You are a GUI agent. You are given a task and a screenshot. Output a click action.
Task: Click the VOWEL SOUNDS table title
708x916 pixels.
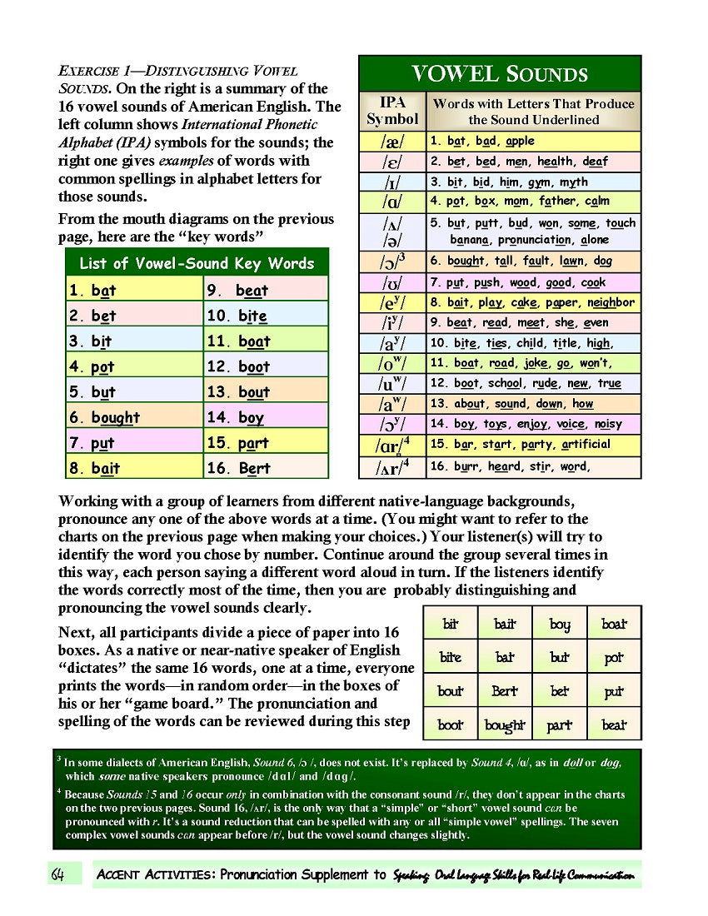(500, 74)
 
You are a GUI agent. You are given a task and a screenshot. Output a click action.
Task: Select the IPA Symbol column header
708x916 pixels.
(392, 111)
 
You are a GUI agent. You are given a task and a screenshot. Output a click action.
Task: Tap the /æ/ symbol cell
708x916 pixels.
(392, 142)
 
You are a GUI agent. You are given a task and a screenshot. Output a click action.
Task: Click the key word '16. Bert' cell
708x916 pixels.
(266, 468)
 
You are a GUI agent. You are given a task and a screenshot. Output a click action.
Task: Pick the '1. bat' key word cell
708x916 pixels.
(135, 291)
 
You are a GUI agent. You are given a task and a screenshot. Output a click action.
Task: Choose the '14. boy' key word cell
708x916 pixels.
(266, 417)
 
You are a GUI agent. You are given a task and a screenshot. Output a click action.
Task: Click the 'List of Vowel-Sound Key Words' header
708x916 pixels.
(197, 264)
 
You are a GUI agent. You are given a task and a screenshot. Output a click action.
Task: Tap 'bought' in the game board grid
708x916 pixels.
(506, 725)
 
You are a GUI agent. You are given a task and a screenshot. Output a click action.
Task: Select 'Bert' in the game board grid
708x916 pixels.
(505, 691)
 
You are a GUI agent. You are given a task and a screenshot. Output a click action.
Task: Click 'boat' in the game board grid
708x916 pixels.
(614, 624)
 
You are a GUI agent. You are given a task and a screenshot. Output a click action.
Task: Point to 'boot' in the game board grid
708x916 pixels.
(451, 725)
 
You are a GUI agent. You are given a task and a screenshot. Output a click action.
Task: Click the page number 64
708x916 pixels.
(58, 874)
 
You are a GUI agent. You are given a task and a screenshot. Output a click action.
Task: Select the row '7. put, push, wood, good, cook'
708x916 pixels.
(534, 283)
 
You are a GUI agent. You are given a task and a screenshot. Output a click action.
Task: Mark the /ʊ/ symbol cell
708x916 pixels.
(392, 283)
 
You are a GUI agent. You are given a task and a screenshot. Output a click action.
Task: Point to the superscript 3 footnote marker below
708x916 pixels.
(59, 759)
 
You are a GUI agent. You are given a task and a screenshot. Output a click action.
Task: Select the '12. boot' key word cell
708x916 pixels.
(266, 366)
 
